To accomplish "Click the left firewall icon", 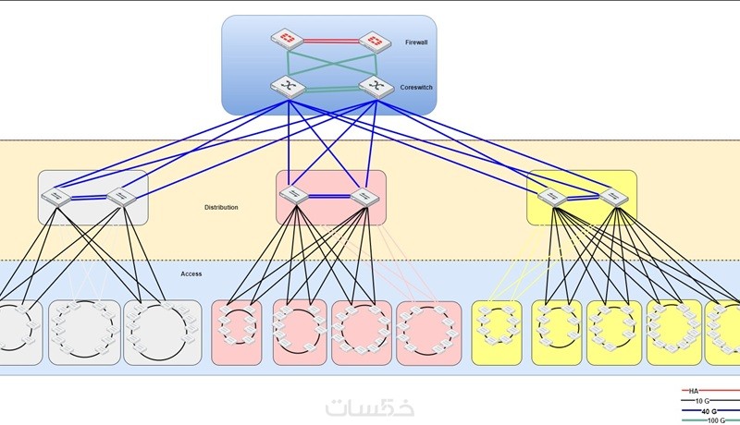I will click(x=284, y=40).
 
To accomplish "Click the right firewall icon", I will click(x=374, y=41).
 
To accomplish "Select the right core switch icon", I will click(x=374, y=86).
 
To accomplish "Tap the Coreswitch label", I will click(x=416, y=88).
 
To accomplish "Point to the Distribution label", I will click(x=221, y=207).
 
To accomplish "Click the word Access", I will click(x=191, y=273).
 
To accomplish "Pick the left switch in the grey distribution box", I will click(x=58, y=197).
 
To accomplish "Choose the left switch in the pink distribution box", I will click(x=295, y=195).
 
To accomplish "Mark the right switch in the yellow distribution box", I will click(x=611, y=195).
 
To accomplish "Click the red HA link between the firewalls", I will click(x=328, y=40).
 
